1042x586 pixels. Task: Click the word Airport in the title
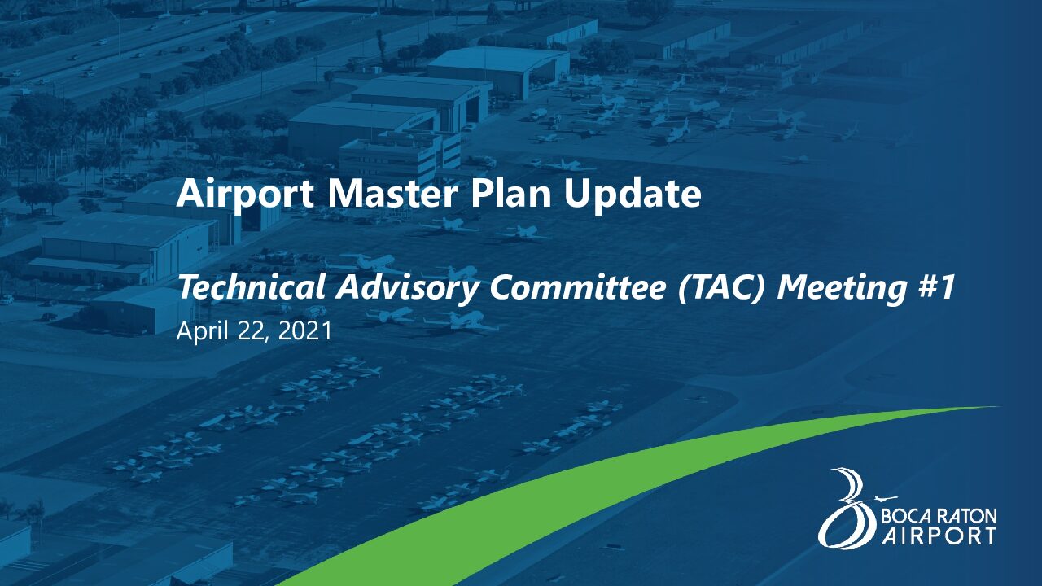[x=245, y=194]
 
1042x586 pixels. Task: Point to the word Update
[x=633, y=195]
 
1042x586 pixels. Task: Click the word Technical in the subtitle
[x=252, y=287]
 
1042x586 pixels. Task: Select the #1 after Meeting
[x=935, y=287]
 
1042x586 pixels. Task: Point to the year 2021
[x=304, y=331]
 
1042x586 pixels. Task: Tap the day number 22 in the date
[x=252, y=331]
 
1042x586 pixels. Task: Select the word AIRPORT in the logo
[x=939, y=536]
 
